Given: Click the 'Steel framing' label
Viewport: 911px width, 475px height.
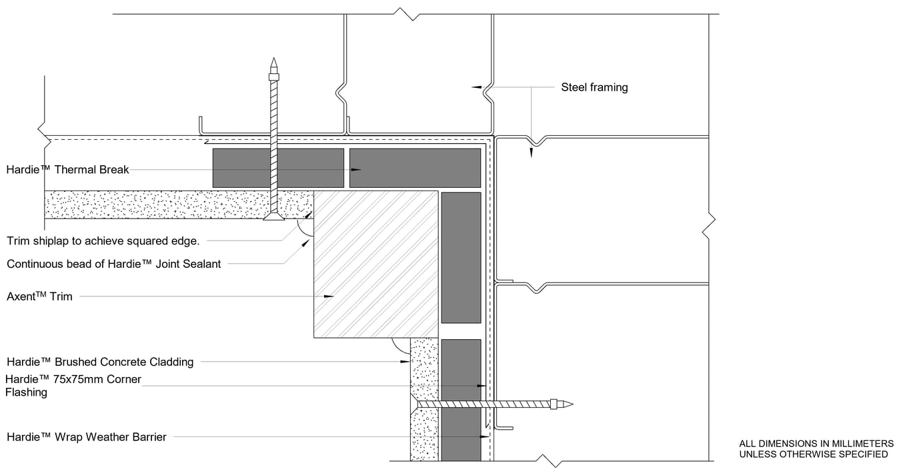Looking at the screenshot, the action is pos(594,87).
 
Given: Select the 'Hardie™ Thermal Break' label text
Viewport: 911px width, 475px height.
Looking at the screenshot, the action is pos(67,169).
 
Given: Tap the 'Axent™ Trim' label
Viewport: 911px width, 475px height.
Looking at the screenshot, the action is pos(39,296).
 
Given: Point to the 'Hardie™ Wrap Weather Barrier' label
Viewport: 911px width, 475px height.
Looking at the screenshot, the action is pos(86,437).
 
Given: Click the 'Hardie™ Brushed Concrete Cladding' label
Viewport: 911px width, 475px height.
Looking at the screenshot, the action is pos(100,362).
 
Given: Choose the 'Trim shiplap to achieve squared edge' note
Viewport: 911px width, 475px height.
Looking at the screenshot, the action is pos(103,240).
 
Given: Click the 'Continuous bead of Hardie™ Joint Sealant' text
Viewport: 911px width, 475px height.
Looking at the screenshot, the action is pos(113,264).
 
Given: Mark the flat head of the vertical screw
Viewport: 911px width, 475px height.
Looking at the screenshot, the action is pos(273,217).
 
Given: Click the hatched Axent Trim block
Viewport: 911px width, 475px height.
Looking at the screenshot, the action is pos(376,264).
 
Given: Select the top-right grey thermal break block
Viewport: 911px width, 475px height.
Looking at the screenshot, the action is pos(415,168).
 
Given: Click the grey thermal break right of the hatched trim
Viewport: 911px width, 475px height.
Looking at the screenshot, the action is pos(461,257).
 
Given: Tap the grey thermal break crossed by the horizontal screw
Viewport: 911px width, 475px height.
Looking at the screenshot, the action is pos(461,400).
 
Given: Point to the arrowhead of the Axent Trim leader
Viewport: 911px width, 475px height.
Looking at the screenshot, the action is pos(329,296).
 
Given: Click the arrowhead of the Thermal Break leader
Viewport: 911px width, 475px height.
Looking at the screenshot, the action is pos(357,170).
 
